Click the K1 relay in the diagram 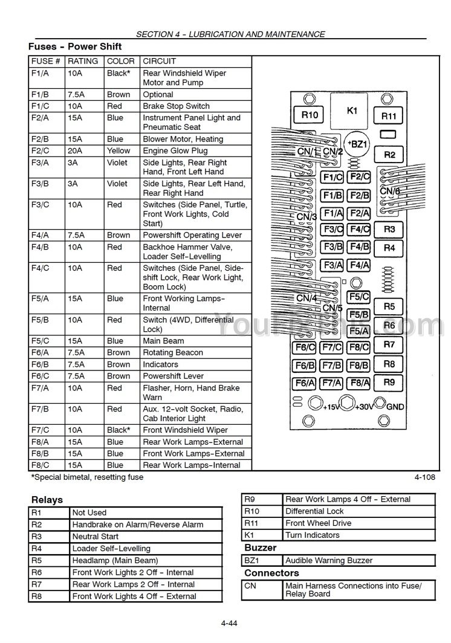(x=352, y=111)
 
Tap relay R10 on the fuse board (x=310, y=115)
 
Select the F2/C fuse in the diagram (x=359, y=177)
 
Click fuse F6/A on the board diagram (x=304, y=383)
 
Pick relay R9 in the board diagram (x=389, y=382)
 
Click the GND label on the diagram (x=395, y=407)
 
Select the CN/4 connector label (x=307, y=298)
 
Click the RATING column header (x=83, y=61)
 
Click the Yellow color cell (x=118, y=150)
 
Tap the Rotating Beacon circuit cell (x=173, y=352)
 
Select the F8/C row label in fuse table (x=40, y=465)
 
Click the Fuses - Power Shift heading (x=75, y=47)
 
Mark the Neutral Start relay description (x=96, y=537)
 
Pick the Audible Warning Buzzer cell (x=329, y=560)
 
